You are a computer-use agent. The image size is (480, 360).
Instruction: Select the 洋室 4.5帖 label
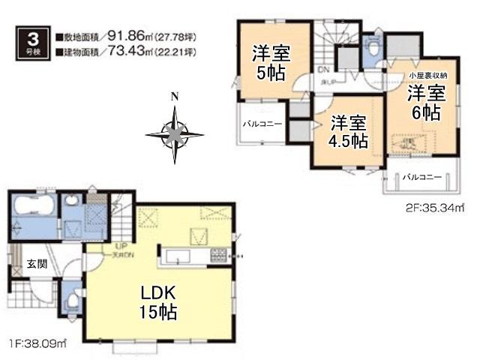click(345, 130)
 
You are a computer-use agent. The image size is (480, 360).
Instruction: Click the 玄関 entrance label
click(37, 263)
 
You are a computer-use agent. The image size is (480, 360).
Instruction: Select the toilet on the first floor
click(71, 301)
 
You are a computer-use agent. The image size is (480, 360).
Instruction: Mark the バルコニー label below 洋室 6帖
click(419, 178)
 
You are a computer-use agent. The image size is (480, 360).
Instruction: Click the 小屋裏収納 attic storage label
click(428, 76)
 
